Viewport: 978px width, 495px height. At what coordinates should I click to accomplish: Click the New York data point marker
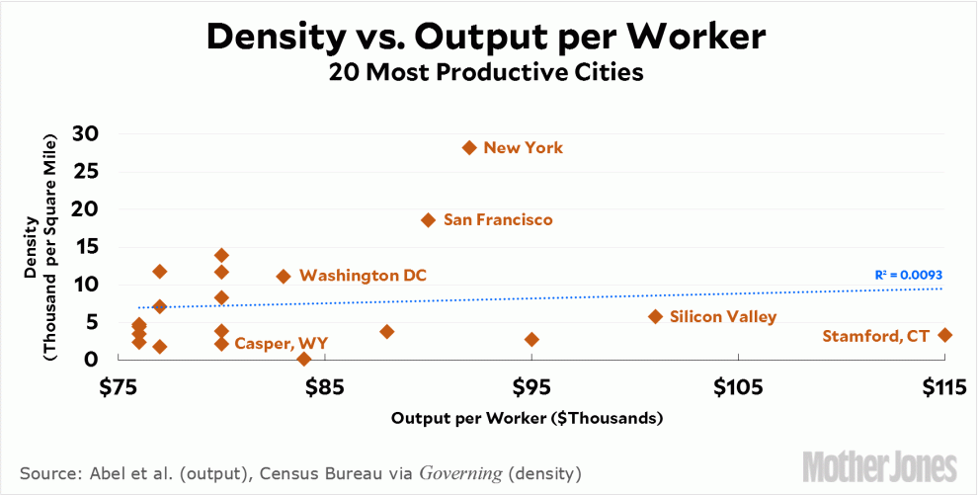(469, 147)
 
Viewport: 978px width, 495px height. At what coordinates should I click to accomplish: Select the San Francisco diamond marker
(428, 219)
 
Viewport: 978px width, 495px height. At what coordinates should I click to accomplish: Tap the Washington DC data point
(284, 277)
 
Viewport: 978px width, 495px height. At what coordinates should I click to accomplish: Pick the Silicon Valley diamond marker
(655, 316)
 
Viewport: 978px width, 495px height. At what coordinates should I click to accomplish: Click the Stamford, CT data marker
(944, 335)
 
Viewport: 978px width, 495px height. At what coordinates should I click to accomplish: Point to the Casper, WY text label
(281, 344)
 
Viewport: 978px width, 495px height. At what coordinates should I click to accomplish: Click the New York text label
(523, 148)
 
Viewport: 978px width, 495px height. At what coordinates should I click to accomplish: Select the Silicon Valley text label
(722, 317)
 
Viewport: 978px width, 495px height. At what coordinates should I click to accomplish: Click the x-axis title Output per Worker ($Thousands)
(527, 418)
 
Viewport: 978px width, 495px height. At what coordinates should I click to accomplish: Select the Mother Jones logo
(879, 465)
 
